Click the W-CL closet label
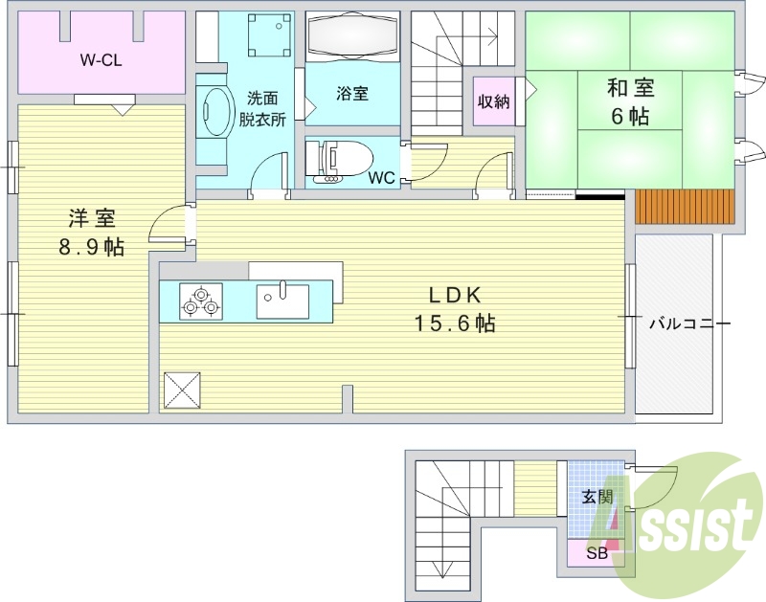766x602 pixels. [101, 60]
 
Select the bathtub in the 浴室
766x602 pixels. [353, 35]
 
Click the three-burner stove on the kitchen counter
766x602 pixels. [201, 301]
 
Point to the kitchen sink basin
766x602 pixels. [282, 301]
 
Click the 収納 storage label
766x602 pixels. [493, 101]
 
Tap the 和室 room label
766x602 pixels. [630, 89]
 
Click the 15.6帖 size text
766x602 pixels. [455, 323]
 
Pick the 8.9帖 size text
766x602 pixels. [91, 248]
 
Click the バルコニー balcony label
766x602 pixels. [689, 323]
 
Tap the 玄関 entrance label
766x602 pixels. [597, 497]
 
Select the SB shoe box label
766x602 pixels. [597, 553]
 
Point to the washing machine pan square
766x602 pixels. [267, 35]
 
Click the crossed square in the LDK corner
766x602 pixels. [182, 390]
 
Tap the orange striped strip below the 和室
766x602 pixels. [685, 207]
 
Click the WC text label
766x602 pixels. [381, 178]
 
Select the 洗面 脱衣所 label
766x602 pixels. [262, 109]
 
